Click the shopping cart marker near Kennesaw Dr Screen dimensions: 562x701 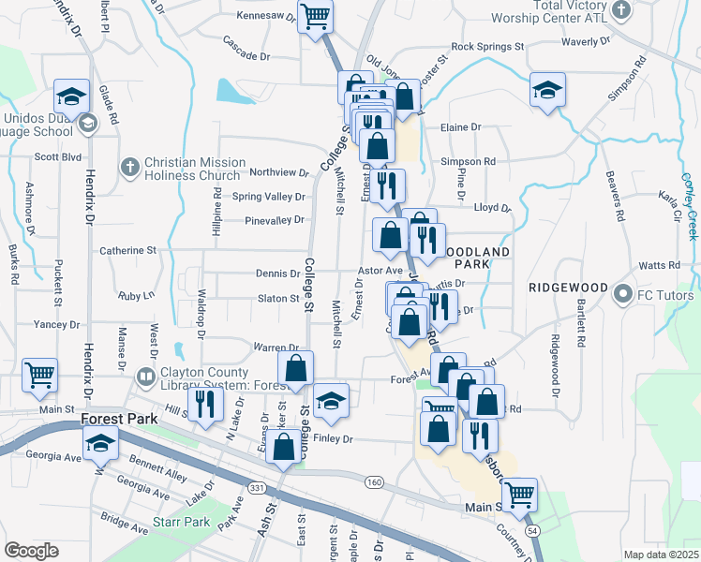coord(315,16)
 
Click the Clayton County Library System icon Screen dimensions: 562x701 coord(144,377)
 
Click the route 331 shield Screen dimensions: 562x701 coord(257,488)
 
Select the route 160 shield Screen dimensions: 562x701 coord(374,481)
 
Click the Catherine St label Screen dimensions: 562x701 coord(127,251)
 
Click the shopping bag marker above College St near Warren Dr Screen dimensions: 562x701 coord(295,369)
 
